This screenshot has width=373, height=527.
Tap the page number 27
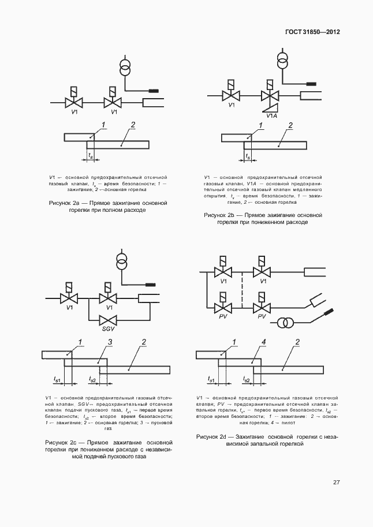click(336, 483)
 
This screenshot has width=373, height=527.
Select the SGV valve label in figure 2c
click(109, 329)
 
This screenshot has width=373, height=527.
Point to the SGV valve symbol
click(109, 319)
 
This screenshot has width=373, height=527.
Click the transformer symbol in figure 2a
click(124, 68)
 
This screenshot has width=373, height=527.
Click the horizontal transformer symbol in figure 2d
click(284, 322)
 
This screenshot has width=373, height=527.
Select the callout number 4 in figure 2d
click(263, 343)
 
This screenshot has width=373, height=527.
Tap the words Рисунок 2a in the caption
click(65, 203)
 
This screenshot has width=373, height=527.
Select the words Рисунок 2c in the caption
click(62, 442)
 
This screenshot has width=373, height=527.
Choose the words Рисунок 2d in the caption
click(216, 437)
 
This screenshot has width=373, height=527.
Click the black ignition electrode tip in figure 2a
click(154, 91)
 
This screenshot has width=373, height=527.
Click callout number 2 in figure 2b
click(290, 125)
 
